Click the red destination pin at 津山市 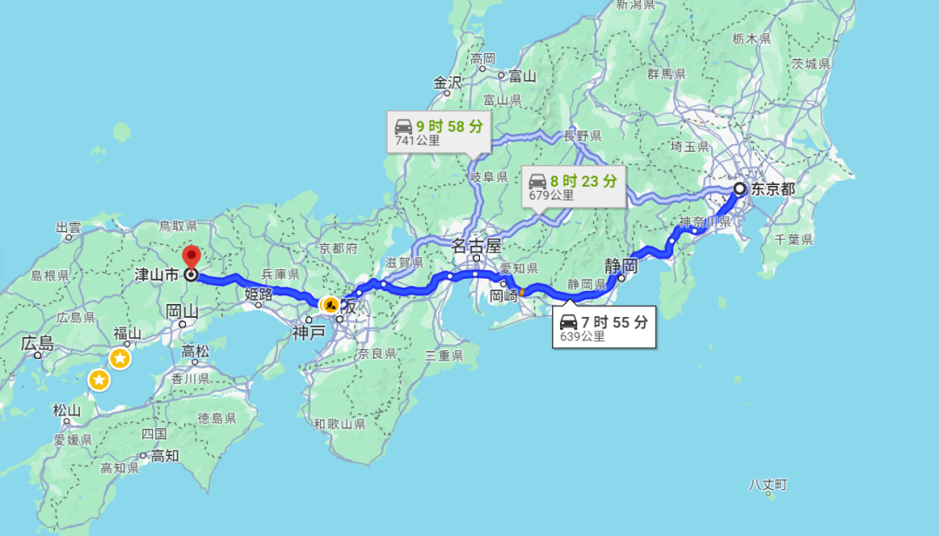(191, 258)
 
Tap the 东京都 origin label (773, 189)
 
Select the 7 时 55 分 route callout (603, 328)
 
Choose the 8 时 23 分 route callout (573, 187)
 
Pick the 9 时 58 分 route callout (438, 131)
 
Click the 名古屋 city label (477, 246)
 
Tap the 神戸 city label (308, 331)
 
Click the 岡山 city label (183, 311)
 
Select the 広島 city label (37, 344)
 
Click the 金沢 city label (448, 83)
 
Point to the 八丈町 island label (769, 484)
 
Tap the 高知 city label (164, 455)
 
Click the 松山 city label (67, 410)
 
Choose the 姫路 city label (258, 294)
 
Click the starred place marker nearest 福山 (120, 358)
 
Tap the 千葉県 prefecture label (793, 240)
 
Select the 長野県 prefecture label (582, 136)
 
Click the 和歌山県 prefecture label (340, 424)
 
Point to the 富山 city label (522, 76)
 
